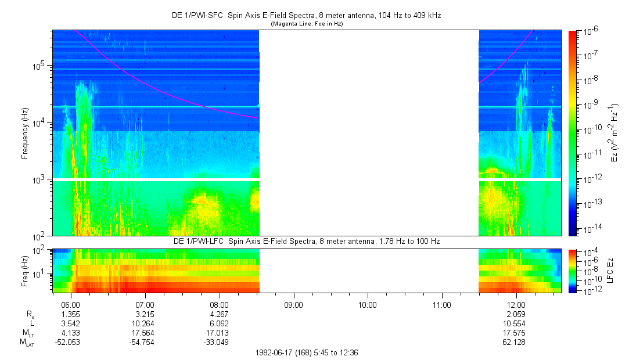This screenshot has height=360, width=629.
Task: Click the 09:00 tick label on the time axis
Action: coord(293,304)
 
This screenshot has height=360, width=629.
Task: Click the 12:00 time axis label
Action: coord(516,304)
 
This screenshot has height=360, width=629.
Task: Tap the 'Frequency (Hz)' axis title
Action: coord(25,133)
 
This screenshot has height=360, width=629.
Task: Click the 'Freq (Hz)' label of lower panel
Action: coord(25,270)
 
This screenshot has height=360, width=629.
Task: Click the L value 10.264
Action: coord(145,323)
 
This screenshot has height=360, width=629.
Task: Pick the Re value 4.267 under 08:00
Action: coord(219,314)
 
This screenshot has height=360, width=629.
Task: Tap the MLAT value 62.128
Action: coord(516,342)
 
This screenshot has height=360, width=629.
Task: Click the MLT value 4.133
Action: coord(70,333)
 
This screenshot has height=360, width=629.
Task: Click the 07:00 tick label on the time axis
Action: coord(145,304)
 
